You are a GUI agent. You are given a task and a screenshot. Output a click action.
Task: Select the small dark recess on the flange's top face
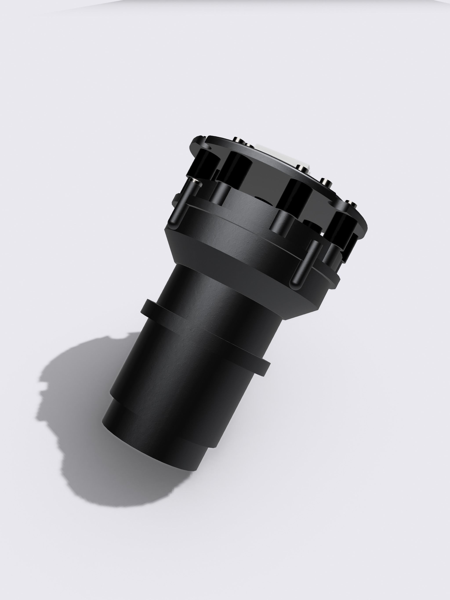[262, 199]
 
